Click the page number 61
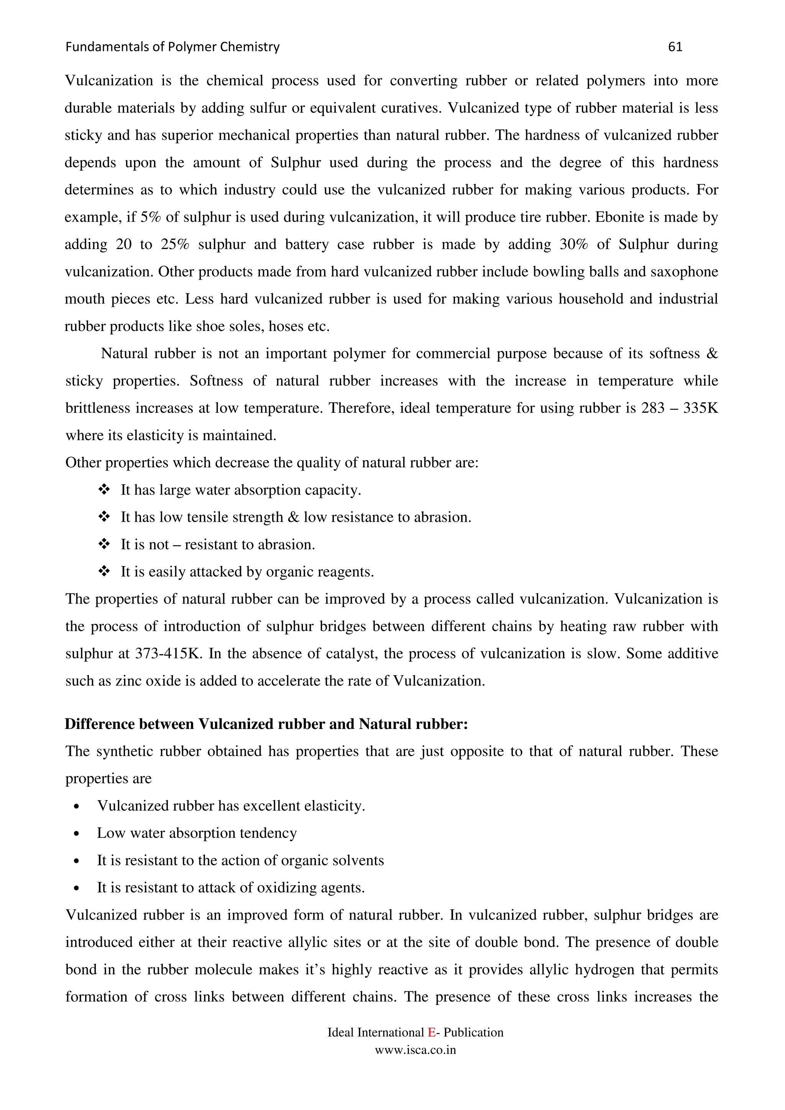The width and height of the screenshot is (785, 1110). [675, 47]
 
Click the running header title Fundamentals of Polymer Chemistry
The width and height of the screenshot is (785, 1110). [172, 47]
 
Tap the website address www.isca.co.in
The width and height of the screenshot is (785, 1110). [415, 1050]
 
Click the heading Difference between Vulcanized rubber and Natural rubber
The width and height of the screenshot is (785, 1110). [266, 724]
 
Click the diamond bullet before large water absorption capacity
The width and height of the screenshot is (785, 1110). [104, 490]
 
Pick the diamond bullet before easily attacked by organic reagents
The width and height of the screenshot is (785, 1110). [104, 571]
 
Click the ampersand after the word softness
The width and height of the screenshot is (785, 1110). [712, 354]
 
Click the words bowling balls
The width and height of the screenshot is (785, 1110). [576, 272]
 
